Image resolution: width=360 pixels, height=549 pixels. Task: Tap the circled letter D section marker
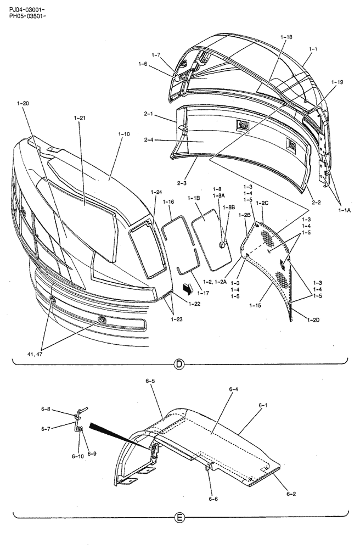pos(178,363)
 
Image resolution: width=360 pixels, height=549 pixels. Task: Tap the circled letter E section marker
pos(178,517)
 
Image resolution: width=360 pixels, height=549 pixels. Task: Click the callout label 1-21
pos(80,117)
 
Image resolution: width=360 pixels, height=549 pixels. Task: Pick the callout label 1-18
pos(286,37)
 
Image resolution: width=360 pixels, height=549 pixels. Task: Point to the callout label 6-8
pos(46,409)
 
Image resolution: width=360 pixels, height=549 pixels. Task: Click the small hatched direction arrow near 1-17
pos(188,287)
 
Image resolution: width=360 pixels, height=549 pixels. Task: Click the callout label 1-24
pos(156,192)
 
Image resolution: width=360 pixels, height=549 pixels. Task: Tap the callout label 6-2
pos(291,494)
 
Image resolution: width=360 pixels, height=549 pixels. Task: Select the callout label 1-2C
pos(262,203)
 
